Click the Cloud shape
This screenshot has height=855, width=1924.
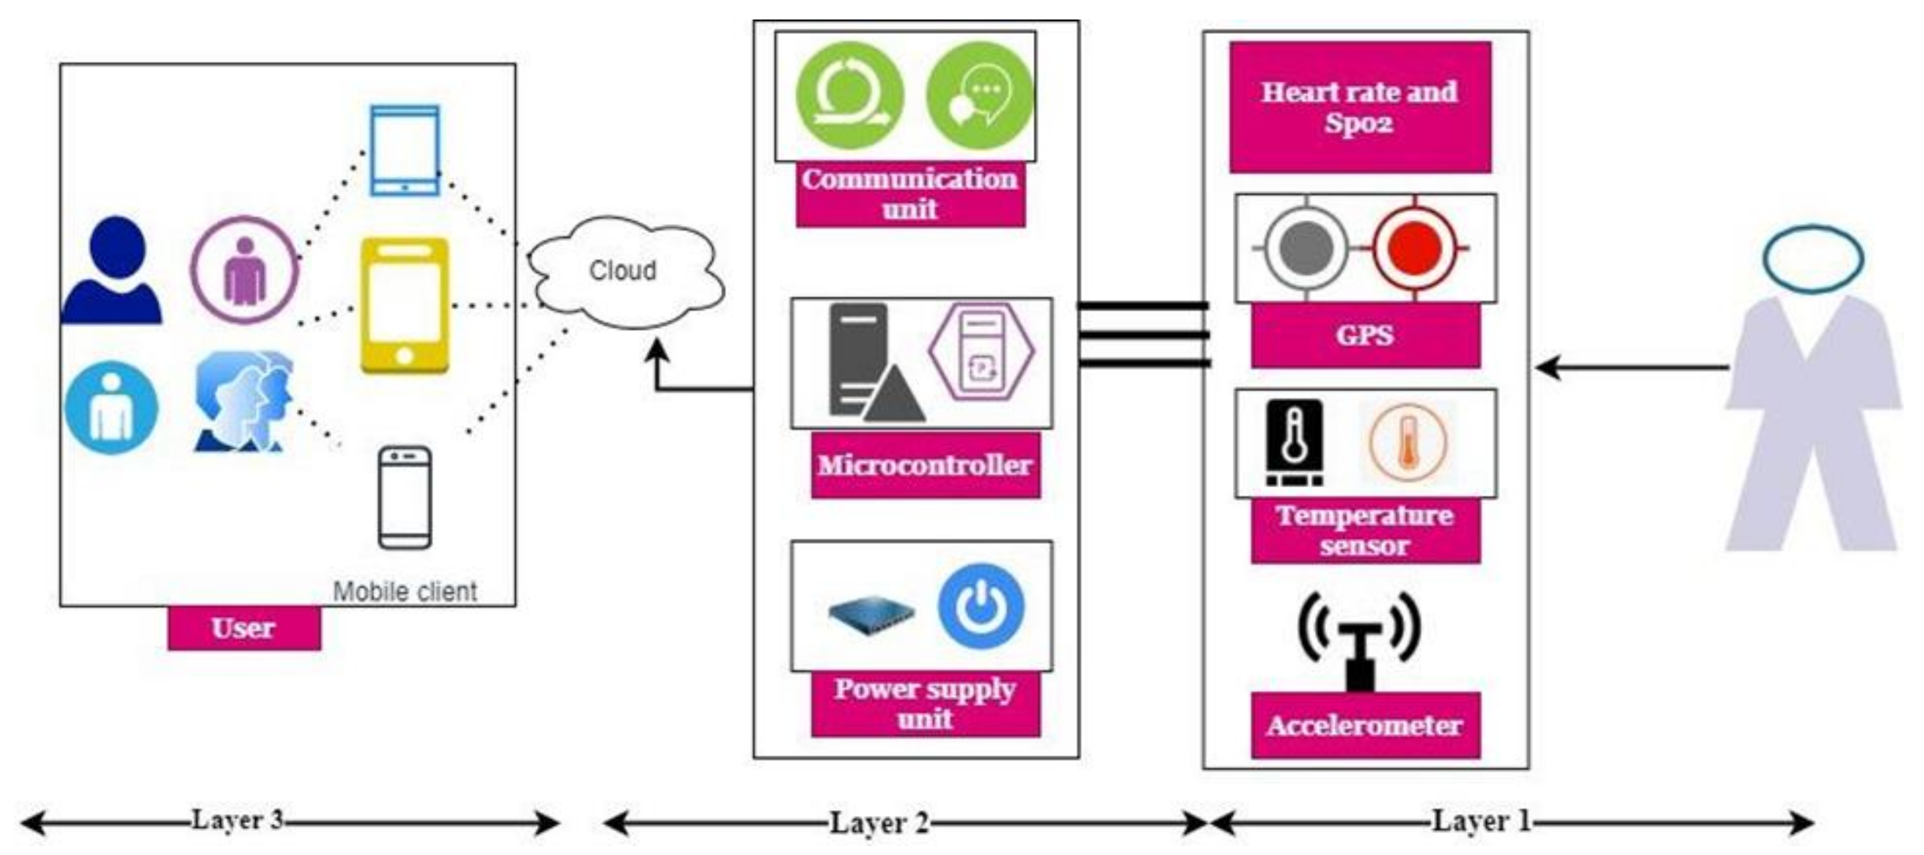[623, 273]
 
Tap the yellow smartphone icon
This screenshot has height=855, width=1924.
[405, 306]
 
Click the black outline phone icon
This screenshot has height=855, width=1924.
[405, 498]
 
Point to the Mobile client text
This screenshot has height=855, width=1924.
[405, 591]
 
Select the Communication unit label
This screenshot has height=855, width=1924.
[910, 194]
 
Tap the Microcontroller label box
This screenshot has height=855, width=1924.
[925, 465]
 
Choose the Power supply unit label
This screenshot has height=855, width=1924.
[925, 703]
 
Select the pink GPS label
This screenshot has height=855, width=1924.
[1365, 336]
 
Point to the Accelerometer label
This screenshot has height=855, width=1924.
[1365, 725]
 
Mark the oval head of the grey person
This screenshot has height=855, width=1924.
[1813, 258]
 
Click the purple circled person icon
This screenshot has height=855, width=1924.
[245, 270]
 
